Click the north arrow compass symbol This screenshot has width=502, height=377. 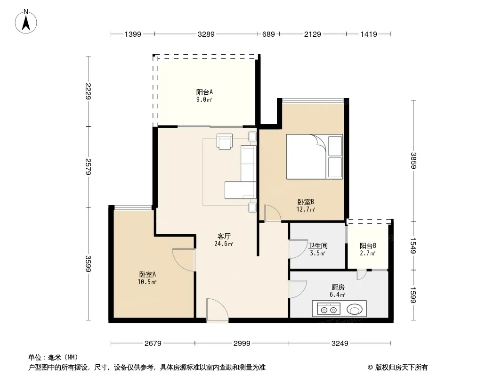tap(26, 22)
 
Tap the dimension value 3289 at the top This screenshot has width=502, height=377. tap(206, 34)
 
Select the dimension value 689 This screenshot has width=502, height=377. tap(268, 34)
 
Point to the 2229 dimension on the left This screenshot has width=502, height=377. tap(89, 91)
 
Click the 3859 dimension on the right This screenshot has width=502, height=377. tap(413, 161)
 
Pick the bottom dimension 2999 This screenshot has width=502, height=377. tap(242, 344)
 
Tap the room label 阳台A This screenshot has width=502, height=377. tap(204, 92)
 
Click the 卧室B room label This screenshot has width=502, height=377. tap(306, 202)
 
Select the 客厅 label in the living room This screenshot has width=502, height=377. tap(224, 237)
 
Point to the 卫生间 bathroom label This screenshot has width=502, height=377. tap(317, 246)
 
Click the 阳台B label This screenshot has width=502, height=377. tap(367, 246)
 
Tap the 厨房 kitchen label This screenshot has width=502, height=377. tap(338, 287)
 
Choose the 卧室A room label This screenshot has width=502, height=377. tap(147, 274)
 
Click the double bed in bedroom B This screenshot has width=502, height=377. tap(315, 156)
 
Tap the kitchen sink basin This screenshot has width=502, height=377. tap(355, 310)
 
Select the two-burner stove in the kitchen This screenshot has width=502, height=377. tap(329, 310)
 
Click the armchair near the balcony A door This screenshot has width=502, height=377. tap(225, 141)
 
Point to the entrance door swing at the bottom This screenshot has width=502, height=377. tap(218, 310)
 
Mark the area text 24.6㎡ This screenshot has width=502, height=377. tap(224, 244)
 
